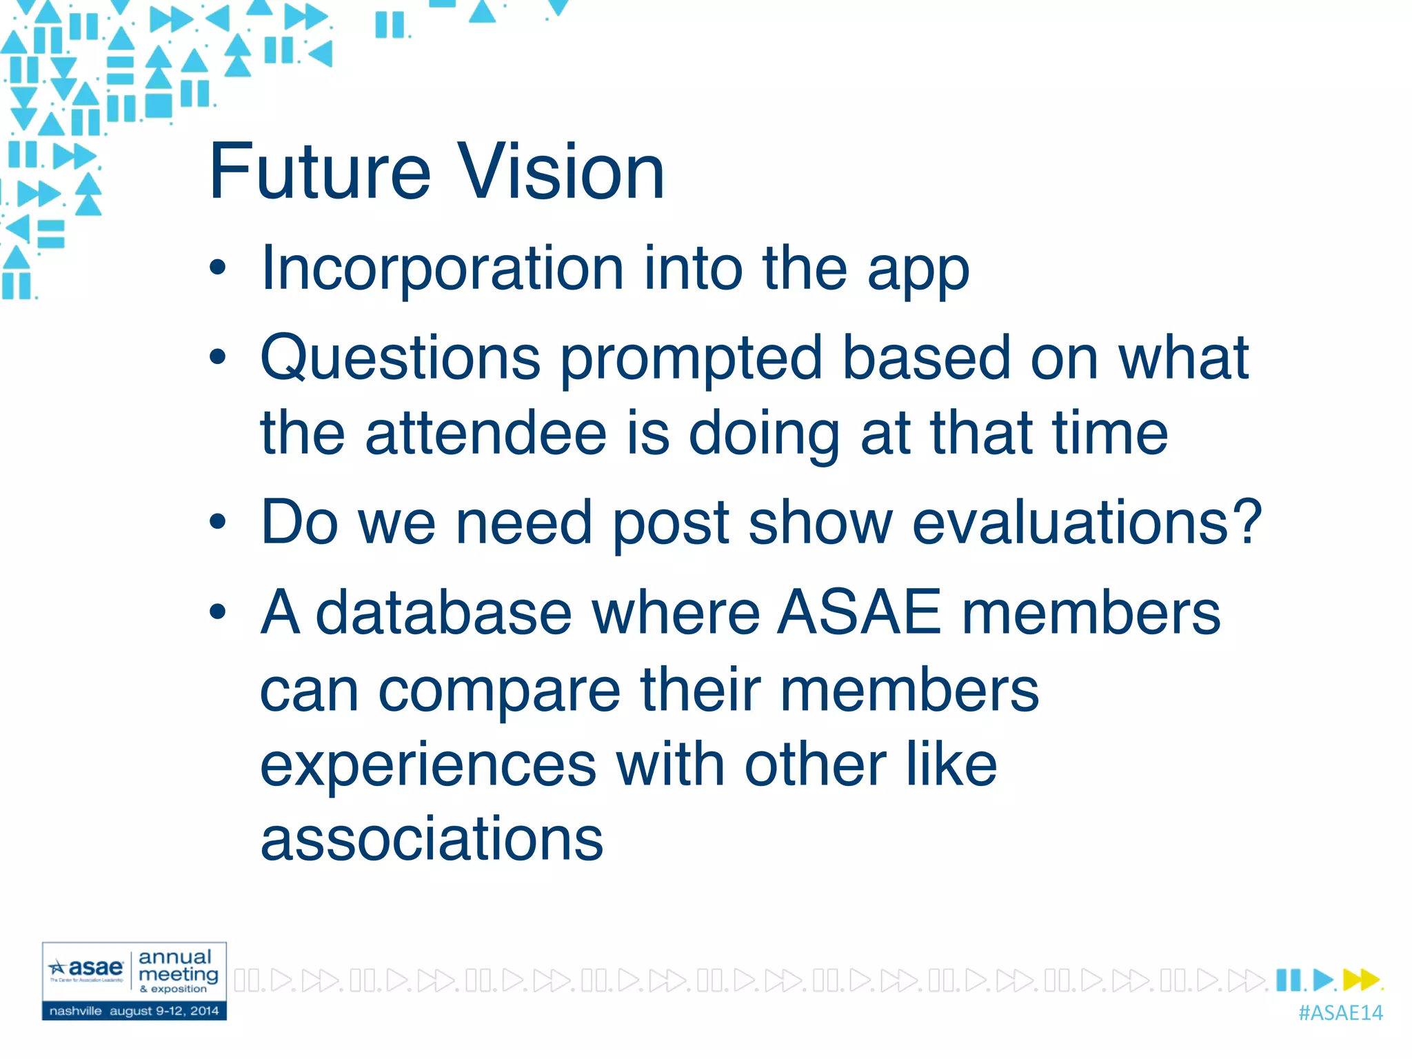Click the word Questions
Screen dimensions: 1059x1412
[x=400, y=359]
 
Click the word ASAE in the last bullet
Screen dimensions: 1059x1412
[x=859, y=612]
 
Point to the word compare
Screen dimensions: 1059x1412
[x=499, y=692]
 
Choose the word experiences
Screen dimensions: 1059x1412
[x=427, y=765]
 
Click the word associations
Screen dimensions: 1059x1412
[x=432, y=839]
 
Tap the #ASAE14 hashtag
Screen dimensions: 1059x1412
[x=1340, y=1013]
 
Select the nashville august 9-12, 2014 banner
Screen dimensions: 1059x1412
[x=134, y=1011]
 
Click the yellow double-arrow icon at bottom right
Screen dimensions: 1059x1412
[x=1361, y=979]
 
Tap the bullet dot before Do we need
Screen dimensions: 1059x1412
[x=218, y=523]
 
